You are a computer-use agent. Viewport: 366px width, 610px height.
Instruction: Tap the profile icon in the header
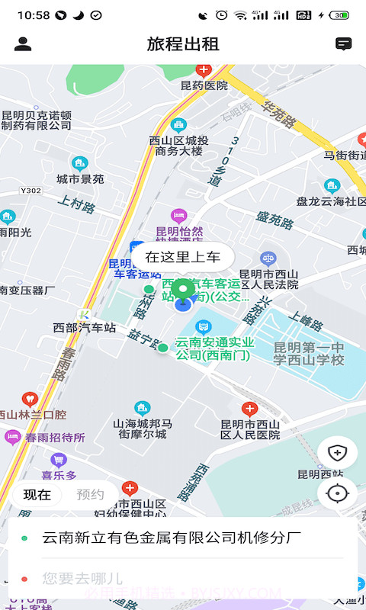tap(23, 44)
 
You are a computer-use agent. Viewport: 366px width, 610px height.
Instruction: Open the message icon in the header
tap(344, 44)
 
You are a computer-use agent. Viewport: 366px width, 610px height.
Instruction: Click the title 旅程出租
tap(183, 44)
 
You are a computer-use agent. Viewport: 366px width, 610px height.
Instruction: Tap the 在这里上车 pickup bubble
tap(182, 257)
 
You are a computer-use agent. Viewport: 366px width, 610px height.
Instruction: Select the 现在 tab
tap(37, 494)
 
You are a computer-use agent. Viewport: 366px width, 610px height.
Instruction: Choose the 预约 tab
tap(91, 494)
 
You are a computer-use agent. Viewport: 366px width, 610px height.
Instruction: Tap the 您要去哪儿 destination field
tap(82, 579)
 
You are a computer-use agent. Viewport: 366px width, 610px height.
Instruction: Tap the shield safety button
tap(337, 453)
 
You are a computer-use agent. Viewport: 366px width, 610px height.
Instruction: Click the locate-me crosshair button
tap(337, 493)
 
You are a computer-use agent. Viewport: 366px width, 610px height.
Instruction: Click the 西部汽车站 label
tap(85, 328)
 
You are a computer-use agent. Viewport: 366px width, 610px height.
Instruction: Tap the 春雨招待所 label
tap(55, 438)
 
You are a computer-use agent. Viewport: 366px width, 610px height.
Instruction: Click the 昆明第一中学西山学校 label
tap(309, 354)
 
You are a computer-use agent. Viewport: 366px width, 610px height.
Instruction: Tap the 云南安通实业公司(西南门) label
tap(214, 348)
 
